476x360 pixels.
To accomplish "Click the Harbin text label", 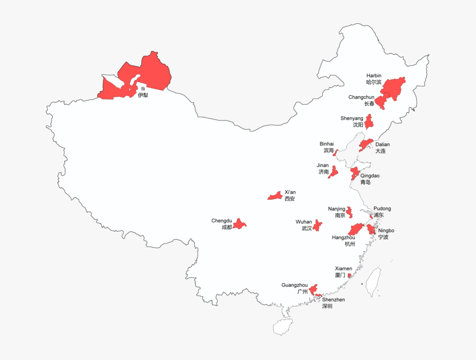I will (x=374, y=79).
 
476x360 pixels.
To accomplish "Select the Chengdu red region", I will (x=240, y=224).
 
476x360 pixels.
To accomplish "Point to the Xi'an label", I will (x=290, y=195).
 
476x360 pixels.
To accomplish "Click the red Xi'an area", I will (x=275, y=196).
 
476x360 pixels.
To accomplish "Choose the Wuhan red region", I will (x=318, y=226).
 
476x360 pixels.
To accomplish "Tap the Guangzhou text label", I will (x=294, y=288).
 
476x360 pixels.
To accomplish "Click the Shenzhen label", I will (x=333, y=302).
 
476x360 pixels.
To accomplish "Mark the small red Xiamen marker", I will (x=349, y=275).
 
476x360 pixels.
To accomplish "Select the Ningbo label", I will (x=386, y=233).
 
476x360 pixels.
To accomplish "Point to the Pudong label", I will (x=381, y=211).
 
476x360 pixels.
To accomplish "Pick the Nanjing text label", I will (x=337, y=212).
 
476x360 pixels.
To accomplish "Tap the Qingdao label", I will (x=370, y=179).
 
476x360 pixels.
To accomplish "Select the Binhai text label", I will (x=327, y=147).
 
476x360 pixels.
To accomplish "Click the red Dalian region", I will (x=364, y=145).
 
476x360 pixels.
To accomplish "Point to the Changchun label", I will (x=361, y=100).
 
